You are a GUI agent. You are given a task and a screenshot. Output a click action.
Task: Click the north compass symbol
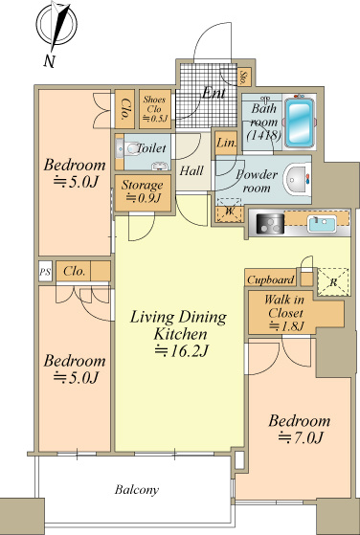click(57, 24)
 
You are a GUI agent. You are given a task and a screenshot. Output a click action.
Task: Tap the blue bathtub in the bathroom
click(300, 123)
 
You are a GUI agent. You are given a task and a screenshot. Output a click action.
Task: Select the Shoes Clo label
click(155, 109)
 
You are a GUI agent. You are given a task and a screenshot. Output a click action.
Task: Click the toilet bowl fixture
click(130, 149)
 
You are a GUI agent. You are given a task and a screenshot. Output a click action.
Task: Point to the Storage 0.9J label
click(143, 191)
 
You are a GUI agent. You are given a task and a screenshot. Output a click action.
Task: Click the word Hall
click(191, 170)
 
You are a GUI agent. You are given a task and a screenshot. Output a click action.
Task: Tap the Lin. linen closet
click(226, 143)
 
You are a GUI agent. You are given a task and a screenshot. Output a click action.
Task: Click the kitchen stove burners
click(270, 224)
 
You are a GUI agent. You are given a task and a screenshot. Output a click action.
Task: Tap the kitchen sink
click(322, 224)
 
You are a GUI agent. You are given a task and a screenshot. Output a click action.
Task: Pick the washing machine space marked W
click(230, 212)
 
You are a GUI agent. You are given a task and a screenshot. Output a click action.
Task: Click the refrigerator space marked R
click(333, 281)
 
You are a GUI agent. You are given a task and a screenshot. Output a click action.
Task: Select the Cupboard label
click(271, 280)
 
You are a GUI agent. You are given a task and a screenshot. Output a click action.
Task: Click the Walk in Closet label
click(284, 313)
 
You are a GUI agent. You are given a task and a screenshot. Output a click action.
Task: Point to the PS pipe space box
click(45, 272)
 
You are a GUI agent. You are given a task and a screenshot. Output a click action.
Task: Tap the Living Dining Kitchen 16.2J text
click(179, 333)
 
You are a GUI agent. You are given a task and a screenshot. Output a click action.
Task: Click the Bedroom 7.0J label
click(300, 429)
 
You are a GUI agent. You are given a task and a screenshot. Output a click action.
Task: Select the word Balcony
click(137, 490)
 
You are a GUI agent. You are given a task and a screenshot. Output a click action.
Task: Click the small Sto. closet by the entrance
click(244, 77)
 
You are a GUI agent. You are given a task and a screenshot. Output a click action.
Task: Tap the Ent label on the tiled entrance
click(214, 93)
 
